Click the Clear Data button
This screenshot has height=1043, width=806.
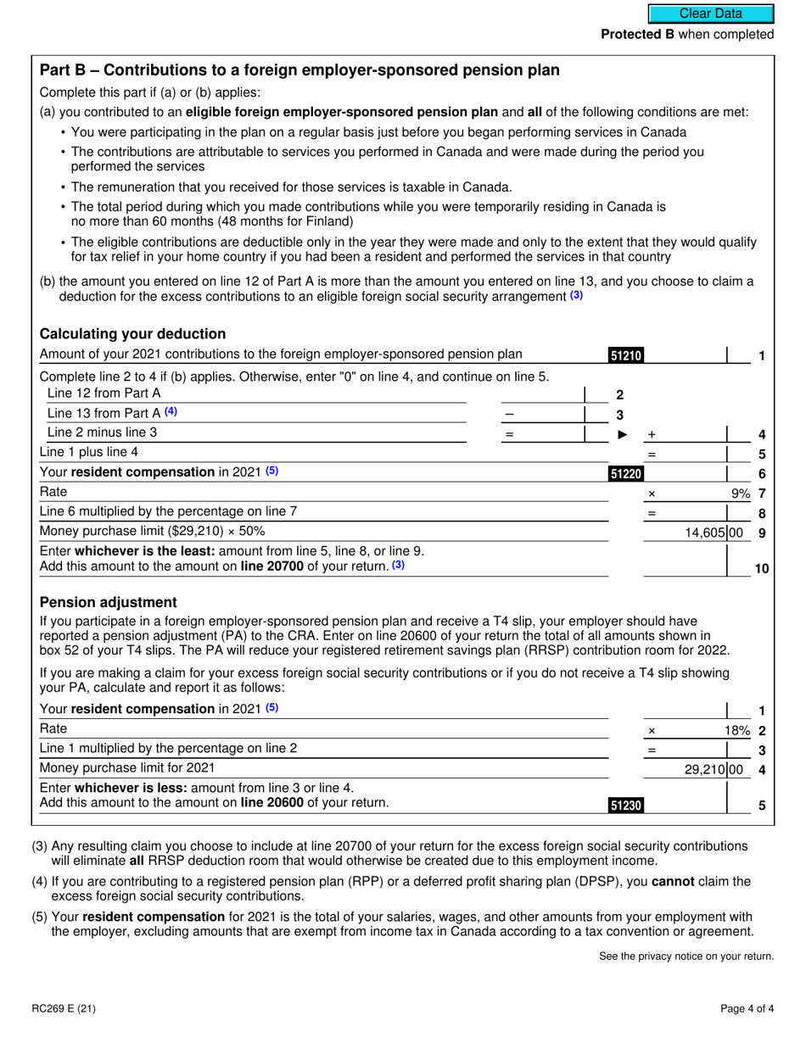pyautogui.click(x=711, y=14)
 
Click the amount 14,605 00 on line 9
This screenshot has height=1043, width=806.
pyautogui.click(x=714, y=533)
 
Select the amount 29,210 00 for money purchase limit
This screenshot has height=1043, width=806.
pyautogui.click(x=714, y=769)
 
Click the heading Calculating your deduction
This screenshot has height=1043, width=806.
pyautogui.click(x=133, y=333)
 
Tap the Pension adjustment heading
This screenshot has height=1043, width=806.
pyautogui.click(x=109, y=602)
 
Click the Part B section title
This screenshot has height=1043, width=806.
pyautogui.click(x=299, y=70)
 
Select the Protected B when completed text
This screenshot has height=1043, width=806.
pyautogui.click(x=687, y=35)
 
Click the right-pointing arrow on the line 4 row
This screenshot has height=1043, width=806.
pyautogui.click(x=623, y=434)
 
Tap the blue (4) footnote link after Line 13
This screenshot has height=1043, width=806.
pyautogui.click(x=171, y=412)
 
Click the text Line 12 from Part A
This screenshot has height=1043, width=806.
pyautogui.click(x=104, y=393)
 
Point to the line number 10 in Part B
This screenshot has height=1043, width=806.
pyautogui.click(x=761, y=569)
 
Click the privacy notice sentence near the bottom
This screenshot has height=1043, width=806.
pyautogui.click(x=686, y=957)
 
